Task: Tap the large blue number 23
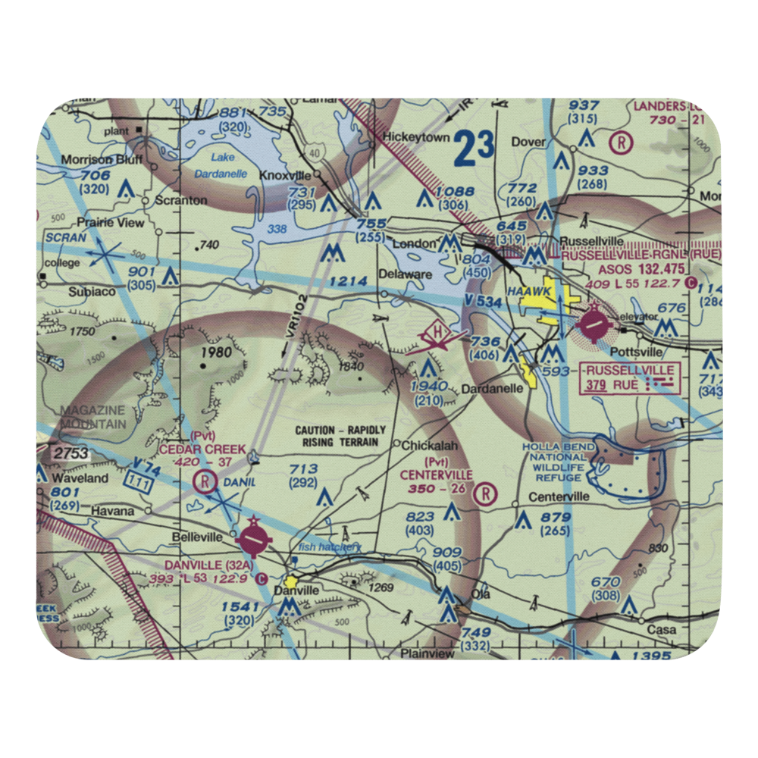pos(475,147)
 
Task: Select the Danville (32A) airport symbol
pos(253,540)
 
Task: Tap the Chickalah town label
pos(430,446)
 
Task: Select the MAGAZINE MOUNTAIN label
pos(93,417)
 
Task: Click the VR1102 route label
pos(294,327)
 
